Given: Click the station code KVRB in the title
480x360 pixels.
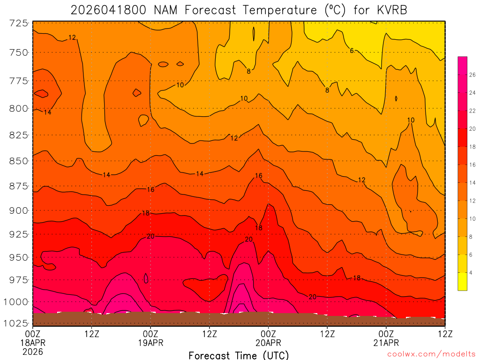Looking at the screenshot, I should pos(391,10).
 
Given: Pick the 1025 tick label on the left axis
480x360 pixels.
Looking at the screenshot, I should pos(16,323).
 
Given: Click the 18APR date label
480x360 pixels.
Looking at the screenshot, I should pos(32,342).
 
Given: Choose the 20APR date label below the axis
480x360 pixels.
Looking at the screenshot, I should pos(268,342).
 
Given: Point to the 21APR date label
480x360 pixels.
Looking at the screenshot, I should pos(386,342).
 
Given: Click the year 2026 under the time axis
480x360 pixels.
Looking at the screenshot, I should pos(32,352).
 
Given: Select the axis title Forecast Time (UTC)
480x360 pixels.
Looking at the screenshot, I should pos(239,355).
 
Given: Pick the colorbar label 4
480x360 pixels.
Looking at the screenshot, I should pos(471,273).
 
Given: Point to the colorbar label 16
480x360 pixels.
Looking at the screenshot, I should pos(472,165).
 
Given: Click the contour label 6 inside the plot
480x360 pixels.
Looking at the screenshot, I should pos(352,51).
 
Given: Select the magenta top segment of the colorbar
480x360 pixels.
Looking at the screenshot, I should pos(462,61).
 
